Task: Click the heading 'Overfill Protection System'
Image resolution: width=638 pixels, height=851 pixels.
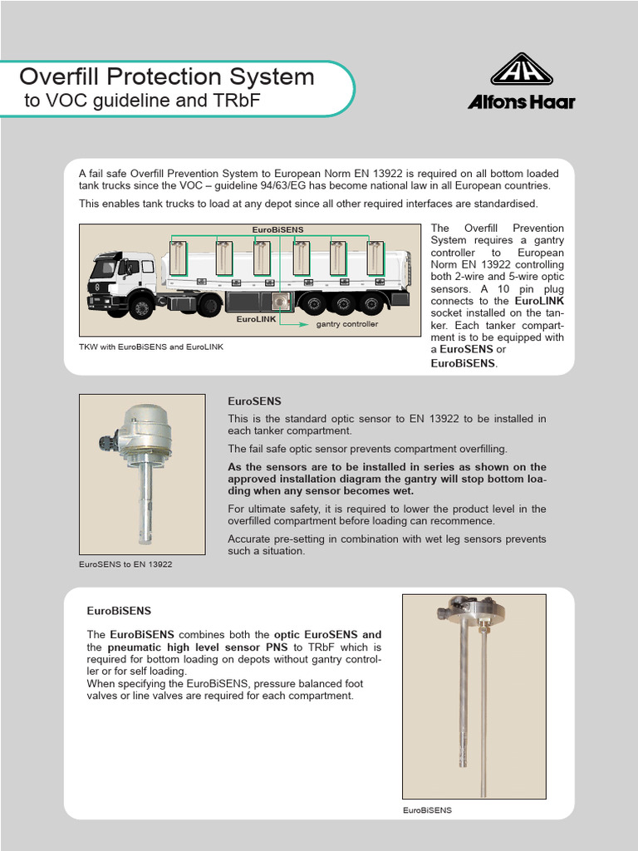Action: (167, 77)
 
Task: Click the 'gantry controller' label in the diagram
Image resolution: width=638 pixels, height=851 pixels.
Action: (346, 324)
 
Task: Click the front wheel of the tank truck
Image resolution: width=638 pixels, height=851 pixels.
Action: (140, 307)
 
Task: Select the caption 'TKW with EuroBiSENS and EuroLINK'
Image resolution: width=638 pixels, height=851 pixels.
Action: (151, 347)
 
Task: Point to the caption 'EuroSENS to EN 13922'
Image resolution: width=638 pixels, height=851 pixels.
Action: (125, 564)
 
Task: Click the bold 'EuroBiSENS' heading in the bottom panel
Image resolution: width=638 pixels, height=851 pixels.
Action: (119, 610)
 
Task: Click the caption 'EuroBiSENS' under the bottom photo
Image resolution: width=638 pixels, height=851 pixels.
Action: (427, 809)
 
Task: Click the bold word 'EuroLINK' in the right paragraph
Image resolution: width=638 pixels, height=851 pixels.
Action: (539, 300)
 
